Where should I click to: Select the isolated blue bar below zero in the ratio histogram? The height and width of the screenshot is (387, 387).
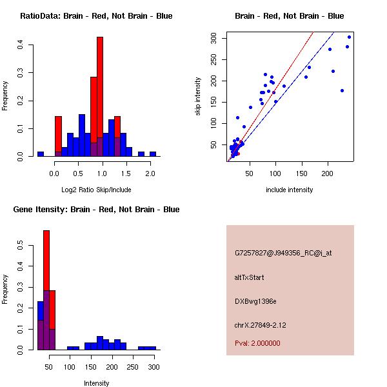pyautogui.click(x=40, y=154)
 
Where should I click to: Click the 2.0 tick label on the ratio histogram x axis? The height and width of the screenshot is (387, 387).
pyautogui.click(x=150, y=173)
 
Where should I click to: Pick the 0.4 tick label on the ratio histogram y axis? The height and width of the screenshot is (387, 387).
pyautogui.click(x=21, y=45)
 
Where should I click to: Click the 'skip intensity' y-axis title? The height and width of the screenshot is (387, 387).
pyautogui.click(x=199, y=97)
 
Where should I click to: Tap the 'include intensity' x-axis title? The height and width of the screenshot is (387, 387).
pyautogui.click(x=290, y=190)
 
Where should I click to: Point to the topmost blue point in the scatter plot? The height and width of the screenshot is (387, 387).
pyautogui.click(x=349, y=37)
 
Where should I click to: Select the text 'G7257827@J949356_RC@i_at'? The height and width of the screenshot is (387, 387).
pyautogui.click(x=283, y=253)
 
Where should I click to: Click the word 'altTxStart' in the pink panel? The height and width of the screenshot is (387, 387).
pyautogui.click(x=250, y=277)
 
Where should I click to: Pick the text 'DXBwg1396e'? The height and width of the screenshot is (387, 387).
pyautogui.click(x=255, y=301)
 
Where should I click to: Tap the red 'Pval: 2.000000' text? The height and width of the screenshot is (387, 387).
pyautogui.click(x=257, y=343)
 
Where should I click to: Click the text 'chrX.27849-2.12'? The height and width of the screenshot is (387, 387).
pyautogui.click(x=261, y=325)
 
